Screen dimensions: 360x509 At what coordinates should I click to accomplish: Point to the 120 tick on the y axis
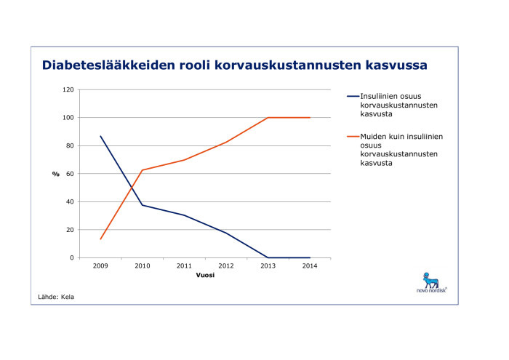coord(68,89)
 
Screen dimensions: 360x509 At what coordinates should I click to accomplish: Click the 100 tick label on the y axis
coord(68,118)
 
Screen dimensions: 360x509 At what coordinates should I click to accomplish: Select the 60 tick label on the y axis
coord(70,174)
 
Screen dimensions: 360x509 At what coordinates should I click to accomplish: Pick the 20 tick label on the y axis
coord(70,230)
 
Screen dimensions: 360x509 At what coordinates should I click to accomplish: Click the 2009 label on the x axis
coord(100,267)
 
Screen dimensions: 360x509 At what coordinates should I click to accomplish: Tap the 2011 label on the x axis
coord(184,267)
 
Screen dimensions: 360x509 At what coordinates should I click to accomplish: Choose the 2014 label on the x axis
coord(310,267)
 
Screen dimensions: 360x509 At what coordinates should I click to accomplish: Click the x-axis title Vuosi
coord(204,276)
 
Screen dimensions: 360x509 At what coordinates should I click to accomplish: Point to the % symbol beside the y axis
coord(55,174)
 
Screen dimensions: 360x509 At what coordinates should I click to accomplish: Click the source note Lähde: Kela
coord(56,297)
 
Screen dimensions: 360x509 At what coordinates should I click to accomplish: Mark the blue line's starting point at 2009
coord(100,136)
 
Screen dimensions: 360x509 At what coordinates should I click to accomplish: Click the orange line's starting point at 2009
coord(100,239)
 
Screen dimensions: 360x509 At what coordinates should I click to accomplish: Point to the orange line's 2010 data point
coord(143,170)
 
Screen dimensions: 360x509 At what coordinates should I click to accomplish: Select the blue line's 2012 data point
coord(226,233)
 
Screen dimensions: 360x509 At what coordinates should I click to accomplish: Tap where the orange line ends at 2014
coord(310,118)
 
